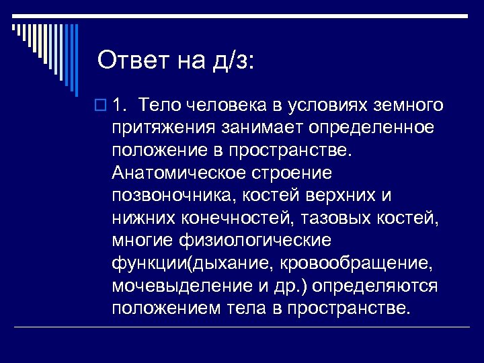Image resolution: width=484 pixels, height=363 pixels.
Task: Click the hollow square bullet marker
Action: (x=102, y=106)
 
